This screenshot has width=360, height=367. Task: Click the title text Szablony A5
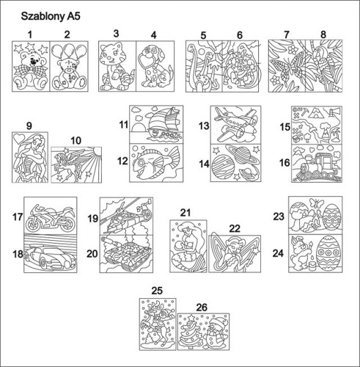[51, 16]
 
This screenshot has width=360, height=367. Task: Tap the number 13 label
[204, 126]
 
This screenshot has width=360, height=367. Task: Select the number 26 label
[202, 308]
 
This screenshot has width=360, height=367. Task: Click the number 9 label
[29, 126]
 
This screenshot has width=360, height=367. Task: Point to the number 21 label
[185, 213]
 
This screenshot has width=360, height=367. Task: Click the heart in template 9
[19, 139]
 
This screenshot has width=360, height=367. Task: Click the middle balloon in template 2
[69, 51]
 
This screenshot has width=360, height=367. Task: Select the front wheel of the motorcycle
[33, 225]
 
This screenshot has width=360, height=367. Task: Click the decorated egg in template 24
[328, 252]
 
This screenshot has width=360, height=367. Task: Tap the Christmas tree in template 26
[191, 332]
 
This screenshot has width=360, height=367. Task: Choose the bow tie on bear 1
[31, 70]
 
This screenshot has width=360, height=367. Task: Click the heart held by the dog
[147, 60]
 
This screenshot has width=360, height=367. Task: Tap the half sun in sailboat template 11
[139, 128]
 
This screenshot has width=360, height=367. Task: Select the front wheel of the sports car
[44, 263]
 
